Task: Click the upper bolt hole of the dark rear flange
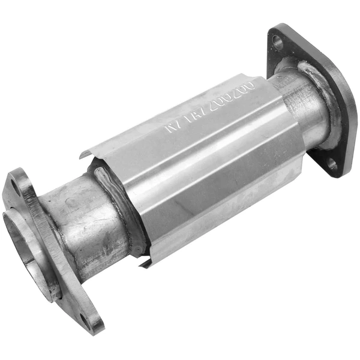tap(277, 41)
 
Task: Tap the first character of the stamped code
tap(170, 130)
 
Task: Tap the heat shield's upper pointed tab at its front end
tap(83, 155)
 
